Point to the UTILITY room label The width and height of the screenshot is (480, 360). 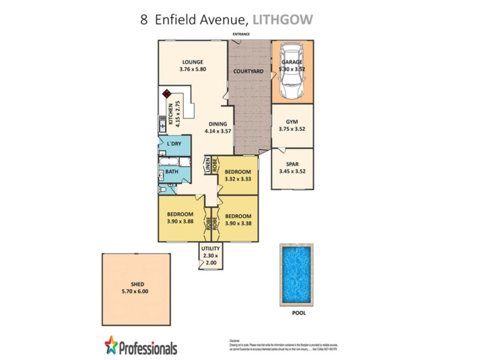coord(211,248)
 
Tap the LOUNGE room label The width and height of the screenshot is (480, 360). coord(193,62)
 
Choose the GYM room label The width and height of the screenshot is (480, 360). coord(292,121)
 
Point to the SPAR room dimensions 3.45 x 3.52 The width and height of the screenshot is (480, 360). coord(292,172)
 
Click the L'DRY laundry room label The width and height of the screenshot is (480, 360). coord(174,144)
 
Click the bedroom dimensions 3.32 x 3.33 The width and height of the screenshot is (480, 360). coord(238,178)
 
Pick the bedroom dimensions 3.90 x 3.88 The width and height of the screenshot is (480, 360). coord(180,221)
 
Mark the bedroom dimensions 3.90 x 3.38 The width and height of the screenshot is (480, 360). coord(238,223)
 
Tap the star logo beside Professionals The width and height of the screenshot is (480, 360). coord(112,344)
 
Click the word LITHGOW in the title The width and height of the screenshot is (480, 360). coord(283,19)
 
